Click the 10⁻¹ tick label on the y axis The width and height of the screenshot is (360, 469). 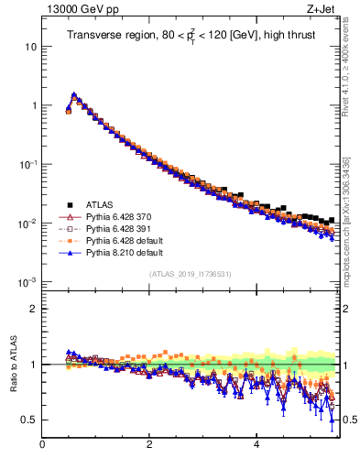27,164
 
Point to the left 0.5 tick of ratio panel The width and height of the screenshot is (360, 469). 29,420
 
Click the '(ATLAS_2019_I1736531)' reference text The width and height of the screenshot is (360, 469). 190,274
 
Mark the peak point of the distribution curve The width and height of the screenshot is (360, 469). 73,94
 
